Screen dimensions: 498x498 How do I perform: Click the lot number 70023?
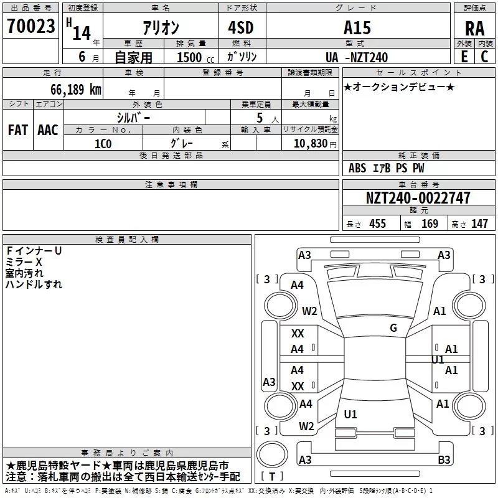(31, 26)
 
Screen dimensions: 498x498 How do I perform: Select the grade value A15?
(357, 27)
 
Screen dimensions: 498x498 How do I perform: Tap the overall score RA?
(474, 29)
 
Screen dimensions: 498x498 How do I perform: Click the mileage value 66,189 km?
(76, 90)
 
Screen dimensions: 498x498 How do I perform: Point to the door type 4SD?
(241, 27)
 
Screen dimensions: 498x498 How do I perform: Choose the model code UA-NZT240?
(357, 57)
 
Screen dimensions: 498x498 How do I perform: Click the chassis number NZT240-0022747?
(418, 198)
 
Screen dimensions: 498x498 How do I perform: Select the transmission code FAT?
(18, 130)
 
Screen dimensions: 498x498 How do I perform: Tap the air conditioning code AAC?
(48, 130)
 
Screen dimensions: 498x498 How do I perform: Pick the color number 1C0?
(103, 144)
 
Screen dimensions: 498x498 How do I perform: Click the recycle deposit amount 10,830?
(311, 144)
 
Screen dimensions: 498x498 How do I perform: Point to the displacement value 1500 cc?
(195, 57)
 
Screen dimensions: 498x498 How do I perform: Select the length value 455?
(377, 223)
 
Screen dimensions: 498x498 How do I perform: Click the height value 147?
(479, 223)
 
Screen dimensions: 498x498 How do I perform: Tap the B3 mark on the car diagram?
(444, 459)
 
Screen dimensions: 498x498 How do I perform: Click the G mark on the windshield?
(393, 328)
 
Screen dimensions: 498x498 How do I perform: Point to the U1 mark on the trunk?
(350, 414)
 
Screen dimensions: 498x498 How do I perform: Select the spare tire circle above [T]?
(272, 454)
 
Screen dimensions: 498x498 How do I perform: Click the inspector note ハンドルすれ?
(34, 284)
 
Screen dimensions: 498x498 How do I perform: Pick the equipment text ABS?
(357, 168)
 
